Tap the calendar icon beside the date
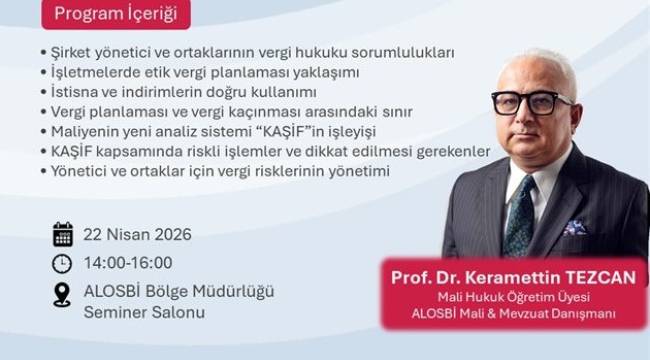(62, 235)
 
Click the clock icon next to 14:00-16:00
(62, 263)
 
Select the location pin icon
(62, 294)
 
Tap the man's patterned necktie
(519, 215)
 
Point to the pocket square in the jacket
(574, 228)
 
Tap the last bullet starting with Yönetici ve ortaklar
(214, 171)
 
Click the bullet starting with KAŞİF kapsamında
(265, 151)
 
